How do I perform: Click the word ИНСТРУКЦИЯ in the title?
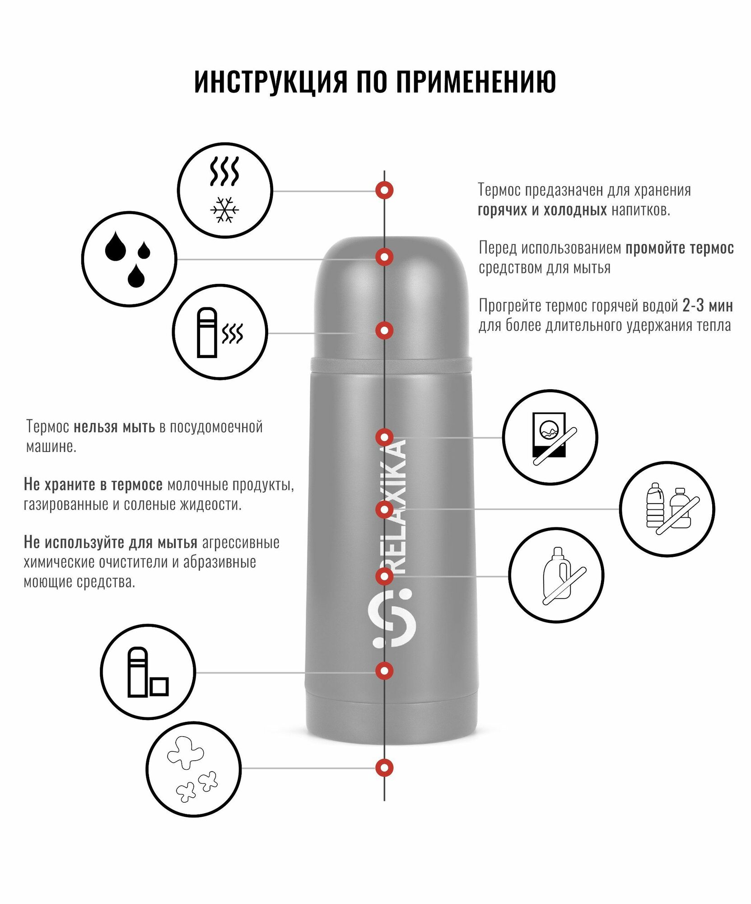click(x=271, y=82)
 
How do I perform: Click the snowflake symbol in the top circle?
click(x=224, y=210)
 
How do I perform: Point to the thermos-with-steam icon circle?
click(x=220, y=332)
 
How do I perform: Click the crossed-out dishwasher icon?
click(x=550, y=438)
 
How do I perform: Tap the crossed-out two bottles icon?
click(x=667, y=509)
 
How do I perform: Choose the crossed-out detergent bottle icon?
click(x=556, y=576)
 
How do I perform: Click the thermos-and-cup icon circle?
click(x=148, y=672)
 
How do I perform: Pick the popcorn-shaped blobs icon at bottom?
click(x=193, y=768)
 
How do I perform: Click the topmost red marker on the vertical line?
click(x=384, y=190)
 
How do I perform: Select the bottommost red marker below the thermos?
click(x=384, y=767)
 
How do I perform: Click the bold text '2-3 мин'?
click(x=707, y=306)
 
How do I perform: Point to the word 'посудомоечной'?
click(x=216, y=427)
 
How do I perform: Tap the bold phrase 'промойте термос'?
click(x=679, y=248)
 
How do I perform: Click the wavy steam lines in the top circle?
click(x=224, y=172)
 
